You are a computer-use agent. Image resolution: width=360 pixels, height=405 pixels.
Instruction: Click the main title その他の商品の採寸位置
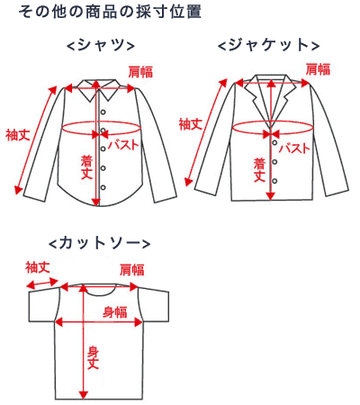click(110, 13)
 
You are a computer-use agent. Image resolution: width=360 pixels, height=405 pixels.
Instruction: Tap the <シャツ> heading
click(101, 46)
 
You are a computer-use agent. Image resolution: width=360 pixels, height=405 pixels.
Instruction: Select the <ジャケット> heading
click(268, 46)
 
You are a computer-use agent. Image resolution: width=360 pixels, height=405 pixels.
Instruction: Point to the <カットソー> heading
click(99, 243)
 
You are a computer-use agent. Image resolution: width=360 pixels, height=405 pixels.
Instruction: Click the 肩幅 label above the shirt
click(140, 72)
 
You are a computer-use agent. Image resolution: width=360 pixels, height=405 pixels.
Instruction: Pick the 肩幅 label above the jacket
click(318, 69)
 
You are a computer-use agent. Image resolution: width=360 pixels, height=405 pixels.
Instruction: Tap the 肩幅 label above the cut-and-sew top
click(132, 270)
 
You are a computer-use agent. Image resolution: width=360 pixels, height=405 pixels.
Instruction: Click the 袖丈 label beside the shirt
click(18, 135)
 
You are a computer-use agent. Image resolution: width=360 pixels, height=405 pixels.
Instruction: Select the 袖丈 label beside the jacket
click(191, 124)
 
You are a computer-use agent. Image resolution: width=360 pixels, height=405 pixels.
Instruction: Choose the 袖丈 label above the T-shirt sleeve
click(38, 267)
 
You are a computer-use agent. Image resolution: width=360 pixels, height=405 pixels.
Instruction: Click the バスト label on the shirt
click(123, 145)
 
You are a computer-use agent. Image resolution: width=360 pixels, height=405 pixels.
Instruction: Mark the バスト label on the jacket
click(294, 148)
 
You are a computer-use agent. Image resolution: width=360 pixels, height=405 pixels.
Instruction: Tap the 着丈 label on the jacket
click(259, 170)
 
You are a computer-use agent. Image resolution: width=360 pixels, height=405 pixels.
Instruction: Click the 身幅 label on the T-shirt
click(115, 312)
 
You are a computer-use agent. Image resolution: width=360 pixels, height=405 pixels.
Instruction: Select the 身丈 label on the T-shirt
click(93, 357)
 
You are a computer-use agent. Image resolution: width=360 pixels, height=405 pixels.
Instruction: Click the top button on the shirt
click(103, 112)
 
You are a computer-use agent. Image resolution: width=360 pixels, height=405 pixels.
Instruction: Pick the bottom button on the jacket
click(274, 181)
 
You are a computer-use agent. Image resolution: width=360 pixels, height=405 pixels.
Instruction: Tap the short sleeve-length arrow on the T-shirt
click(42, 283)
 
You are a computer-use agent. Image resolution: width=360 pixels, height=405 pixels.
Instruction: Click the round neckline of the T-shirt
click(100, 295)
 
